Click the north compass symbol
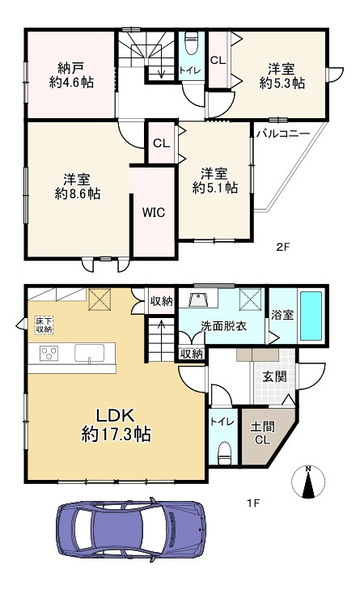coord(308,482)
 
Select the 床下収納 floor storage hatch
coord(44,325)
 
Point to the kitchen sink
coord(89,353)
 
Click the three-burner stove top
coord(49,353)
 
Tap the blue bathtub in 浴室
coord(311,316)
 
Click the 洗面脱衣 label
coord(223,326)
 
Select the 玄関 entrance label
coord(274,376)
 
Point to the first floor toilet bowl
coord(225,451)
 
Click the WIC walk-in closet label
coord(154,212)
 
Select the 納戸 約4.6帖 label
coord(71,75)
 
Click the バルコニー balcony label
coord(283,134)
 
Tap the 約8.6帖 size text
coord(78,193)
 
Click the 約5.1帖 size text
coord(215,188)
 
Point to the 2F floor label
coord(283,247)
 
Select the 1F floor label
coord(253,503)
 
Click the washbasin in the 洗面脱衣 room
coord(198,300)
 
